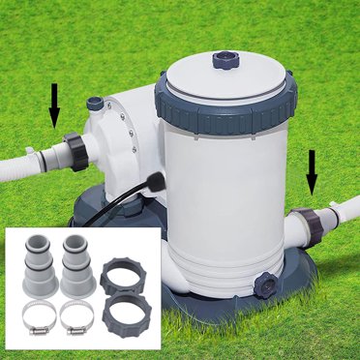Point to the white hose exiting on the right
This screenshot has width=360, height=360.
(x=344, y=215)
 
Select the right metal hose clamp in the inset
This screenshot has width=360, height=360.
(x=76, y=315)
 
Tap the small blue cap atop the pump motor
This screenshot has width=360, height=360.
(x=95, y=102)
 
